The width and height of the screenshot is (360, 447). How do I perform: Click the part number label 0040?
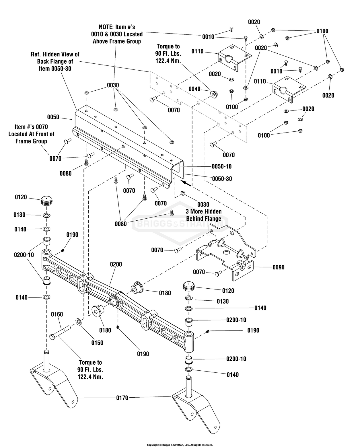[194, 89]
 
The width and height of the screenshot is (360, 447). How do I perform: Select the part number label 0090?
[278, 267]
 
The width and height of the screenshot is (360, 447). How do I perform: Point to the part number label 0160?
[57, 314]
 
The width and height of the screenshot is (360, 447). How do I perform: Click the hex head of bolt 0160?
[52, 337]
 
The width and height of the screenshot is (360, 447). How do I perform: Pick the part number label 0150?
[97, 343]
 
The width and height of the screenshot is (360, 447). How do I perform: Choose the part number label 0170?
[122, 398]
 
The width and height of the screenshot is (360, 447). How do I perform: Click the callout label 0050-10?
[222, 167]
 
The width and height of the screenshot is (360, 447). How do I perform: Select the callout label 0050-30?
[222, 179]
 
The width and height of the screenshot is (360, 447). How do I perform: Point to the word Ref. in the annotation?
[36, 55]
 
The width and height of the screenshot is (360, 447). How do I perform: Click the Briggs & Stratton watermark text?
[180, 224]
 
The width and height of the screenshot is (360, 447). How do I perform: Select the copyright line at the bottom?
[180, 445]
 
